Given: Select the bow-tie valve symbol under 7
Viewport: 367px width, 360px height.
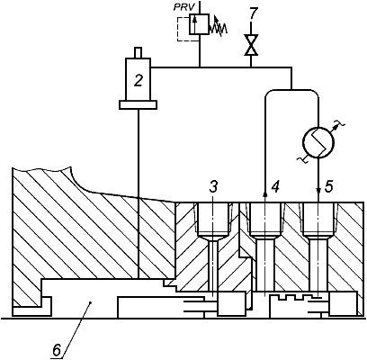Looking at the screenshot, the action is pos(251,45).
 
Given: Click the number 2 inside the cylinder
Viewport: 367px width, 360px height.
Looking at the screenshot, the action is pos(138,81).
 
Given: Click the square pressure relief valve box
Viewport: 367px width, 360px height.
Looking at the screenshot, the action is pos(199,23).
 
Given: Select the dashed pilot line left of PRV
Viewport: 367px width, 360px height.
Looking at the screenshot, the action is pos(183,29).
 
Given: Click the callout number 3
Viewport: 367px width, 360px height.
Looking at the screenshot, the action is pos(212,187).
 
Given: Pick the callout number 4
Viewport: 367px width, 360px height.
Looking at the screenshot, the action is pos(275,187).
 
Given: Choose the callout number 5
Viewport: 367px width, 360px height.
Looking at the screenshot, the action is pos(328,187).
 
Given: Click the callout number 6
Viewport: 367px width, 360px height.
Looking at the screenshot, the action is pos(57,349).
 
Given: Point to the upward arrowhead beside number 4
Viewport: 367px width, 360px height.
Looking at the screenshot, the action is pos(265,194).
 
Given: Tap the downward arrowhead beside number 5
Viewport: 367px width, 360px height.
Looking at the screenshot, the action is pos(318,191).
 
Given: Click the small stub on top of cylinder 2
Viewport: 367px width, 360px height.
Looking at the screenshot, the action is pos(138,52).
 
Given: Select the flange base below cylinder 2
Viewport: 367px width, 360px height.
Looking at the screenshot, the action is pos(138,104).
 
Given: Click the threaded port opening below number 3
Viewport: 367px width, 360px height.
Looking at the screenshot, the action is pos(213,219).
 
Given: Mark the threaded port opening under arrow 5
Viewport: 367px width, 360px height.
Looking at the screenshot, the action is pos(318,219).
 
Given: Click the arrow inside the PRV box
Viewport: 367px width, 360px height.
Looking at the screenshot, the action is pos(194,24).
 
